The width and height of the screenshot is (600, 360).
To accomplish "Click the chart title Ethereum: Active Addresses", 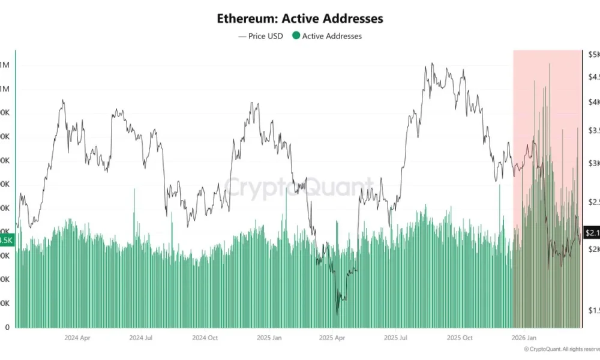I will pyautogui.click(x=300, y=19).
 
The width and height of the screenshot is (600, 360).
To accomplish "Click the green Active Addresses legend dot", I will pyautogui.click(x=296, y=36).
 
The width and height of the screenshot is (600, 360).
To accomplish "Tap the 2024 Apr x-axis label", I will pyautogui.click(x=77, y=338).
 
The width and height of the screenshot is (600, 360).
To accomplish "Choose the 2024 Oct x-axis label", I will pyautogui.click(x=205, y=338).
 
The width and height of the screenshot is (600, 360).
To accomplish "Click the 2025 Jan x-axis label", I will pyautogui.click(x=269, y=338).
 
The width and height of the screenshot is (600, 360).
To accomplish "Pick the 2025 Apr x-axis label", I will pyautogui.click(x=333, y=338).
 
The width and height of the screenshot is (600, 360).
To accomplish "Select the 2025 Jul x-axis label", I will pyautogui.click(x=396, y=338).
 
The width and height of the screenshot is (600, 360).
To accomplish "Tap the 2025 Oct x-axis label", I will pyautogui.click(x=460, y=338).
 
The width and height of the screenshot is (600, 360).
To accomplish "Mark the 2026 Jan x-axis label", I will pyautogui.click(x=525, y=338).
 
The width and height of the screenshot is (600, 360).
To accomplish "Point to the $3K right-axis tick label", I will pyautogui.click(x=592, y=163).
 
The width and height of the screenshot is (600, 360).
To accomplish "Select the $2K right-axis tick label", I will pyautogui.click(x=592, y=248).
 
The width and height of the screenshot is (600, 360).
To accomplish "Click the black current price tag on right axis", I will pyautogui.click(x=591, y=233).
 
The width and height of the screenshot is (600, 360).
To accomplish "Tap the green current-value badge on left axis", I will pyautogui.click(x=6, y=240).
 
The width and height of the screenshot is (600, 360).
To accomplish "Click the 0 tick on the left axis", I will pyautogui.click(x=7, y=328).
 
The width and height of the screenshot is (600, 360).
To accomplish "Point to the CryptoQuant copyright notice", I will pyautogui.click(x=561, y=349).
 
